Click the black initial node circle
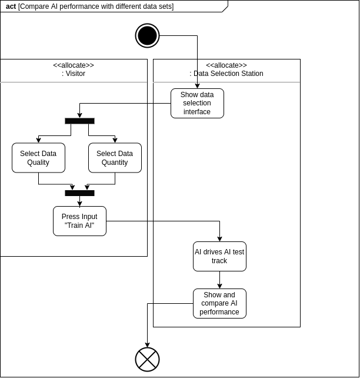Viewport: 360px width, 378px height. [x=148, y=36]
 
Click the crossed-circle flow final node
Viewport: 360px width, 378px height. [x=148, y=360]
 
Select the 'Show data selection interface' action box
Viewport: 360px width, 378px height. [x=197, y=104]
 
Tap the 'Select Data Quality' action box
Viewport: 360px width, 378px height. [x=38, y=158]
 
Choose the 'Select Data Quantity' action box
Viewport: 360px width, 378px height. [x=115, y=158]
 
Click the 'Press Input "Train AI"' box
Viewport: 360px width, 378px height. [x=79, y=221]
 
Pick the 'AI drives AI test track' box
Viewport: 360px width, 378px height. [x=219, y=257]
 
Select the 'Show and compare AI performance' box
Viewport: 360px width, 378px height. [x=219, y=303]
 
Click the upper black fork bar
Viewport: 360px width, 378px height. [x=79, y=121]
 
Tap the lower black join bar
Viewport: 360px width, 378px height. [x=79, y=193]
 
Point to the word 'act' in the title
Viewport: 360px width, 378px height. [x=11, y=6]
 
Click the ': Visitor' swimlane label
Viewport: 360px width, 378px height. [x=74, y=74]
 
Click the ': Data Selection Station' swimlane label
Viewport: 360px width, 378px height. [x=226, y=74]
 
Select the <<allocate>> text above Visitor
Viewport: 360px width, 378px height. [x=74, y=65]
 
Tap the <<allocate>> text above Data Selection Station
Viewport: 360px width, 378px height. [x=226, y=65]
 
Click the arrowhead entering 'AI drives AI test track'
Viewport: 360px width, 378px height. [x=219, y=239]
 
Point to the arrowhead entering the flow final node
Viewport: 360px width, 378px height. [x=148, y=345]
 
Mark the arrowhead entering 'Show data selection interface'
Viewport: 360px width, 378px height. [x=197, y=86]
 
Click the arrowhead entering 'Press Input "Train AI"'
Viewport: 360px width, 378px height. [x=79, y=204]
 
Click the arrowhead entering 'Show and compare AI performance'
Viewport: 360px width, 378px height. [x=219, y=286]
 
